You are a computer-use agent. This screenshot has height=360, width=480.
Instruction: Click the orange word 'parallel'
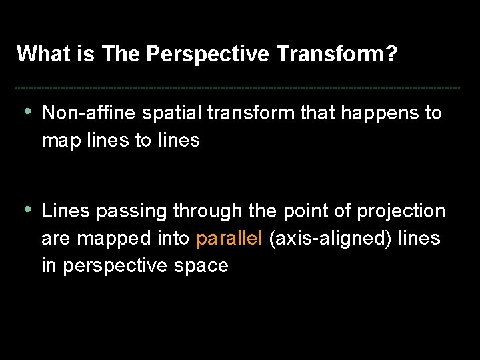[x=229, y=239]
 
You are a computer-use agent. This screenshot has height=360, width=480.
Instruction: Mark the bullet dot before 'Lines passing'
[x=27, y=209]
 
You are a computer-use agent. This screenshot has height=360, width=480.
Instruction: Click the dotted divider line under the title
[x=237, y=88]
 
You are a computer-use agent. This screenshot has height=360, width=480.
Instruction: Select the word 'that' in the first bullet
[x=317, y=113]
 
